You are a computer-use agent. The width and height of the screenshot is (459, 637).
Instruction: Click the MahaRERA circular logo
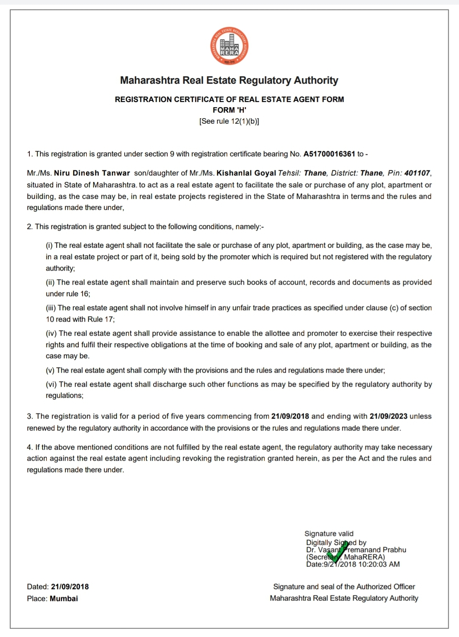pos(229,46)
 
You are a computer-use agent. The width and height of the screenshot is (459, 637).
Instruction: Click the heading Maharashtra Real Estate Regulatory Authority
pos(229,80)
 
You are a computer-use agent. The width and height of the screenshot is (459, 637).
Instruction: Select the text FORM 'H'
pos(229,110)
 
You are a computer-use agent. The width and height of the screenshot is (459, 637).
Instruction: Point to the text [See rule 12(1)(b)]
pos(229,121)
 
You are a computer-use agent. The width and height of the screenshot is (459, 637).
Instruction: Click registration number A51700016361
pos(329,154)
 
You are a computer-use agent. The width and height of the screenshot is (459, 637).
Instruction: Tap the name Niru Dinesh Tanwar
pos(92,173)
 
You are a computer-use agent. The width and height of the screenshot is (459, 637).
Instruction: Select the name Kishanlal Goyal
pos(246,173)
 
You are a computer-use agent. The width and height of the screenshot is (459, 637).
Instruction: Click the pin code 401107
pos(417,173)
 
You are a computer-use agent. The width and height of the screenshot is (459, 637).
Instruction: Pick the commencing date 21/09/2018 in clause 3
pos(290,416)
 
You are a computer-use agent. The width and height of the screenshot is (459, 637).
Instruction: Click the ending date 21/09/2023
pos(388,416)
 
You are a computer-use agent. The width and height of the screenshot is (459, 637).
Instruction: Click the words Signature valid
pos(329,534)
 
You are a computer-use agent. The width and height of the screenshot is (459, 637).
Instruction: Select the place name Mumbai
pos(64,598)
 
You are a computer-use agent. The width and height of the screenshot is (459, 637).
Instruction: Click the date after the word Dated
pos(70,587)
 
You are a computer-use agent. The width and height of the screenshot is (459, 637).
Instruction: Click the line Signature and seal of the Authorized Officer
pos(344,587)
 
